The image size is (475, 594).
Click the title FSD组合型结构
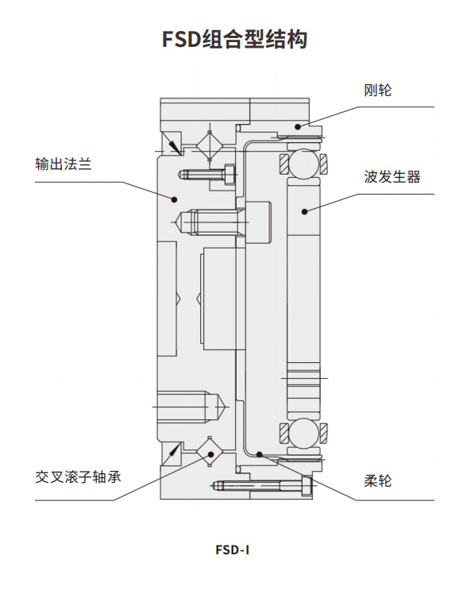(x=234, y=40)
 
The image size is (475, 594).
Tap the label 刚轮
(x=377, y=91)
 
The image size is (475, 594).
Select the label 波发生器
(x=392, y=177)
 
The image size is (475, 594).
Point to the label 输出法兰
(x=64, y=164)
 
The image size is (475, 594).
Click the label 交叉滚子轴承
(x=78, y=477)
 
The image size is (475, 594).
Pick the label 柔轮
(x=377, y=481)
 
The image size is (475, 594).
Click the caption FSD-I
(x=232, y=550)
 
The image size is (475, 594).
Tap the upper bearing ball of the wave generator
(x=304, y=164)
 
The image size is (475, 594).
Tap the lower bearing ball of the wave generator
(x=303, y=433)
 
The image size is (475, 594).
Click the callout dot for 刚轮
(x=298, y=126)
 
